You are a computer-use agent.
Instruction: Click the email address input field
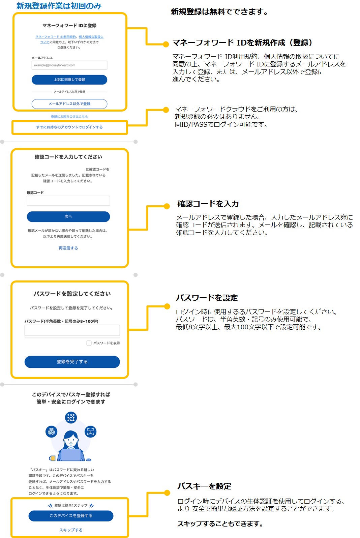pyautogui.click(x=69, y=65)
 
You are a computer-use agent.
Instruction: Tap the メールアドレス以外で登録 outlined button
pyautogui.click(x=69, y=104)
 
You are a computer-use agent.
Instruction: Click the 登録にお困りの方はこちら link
pyautogui.click(x=69, y=117)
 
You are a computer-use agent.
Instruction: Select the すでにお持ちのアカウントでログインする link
pyautogui.click(x=69, y=127)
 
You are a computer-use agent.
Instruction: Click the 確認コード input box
pyautogui.click(x=68, y=201)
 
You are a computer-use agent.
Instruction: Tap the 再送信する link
pyautogui.click(x=68, y=248)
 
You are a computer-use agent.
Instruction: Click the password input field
pyautogui.click(x=72, y=330)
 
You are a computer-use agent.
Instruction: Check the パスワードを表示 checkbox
pyautogui.click(x=89, y=343)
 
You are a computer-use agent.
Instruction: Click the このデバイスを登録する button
pyautogui.click(x=71, y=516)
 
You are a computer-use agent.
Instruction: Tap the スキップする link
pyautogui.click(x=71, y=530)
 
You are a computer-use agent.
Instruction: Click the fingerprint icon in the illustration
pyautogui.click(x=52, y=432)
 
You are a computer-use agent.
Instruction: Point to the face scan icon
pyautogui.click(x=90, y=431)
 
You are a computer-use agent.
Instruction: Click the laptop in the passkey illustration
pyautogui.click(x=71, y=455)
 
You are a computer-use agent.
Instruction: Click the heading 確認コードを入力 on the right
pyautogui.click(x=208, y=204)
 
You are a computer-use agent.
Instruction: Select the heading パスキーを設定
pyautogui.click(x=204, y=486)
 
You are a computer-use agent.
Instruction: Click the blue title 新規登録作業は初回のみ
pyautogui.click(x=59, y=6)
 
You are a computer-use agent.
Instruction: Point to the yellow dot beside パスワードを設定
pyautogui.click(x=167, y=306)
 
